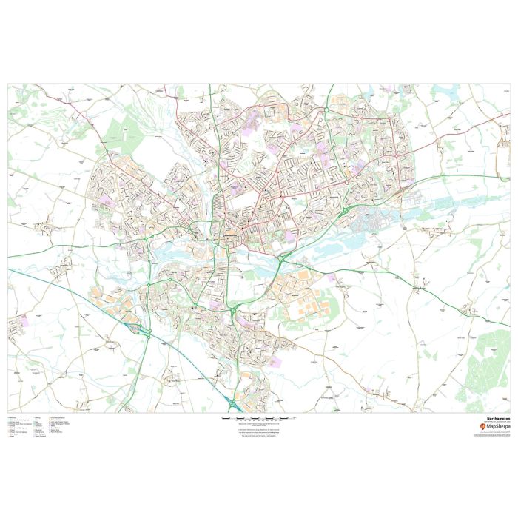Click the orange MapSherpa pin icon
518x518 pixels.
pos(484,428)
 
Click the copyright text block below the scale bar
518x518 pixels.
pos(259,432)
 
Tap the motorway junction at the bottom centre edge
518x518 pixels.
pos(234,403)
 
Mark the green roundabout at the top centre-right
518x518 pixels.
pos(326,110)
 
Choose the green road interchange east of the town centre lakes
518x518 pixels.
pos(283,258)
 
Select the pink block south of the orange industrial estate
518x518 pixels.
pos(275,362)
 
